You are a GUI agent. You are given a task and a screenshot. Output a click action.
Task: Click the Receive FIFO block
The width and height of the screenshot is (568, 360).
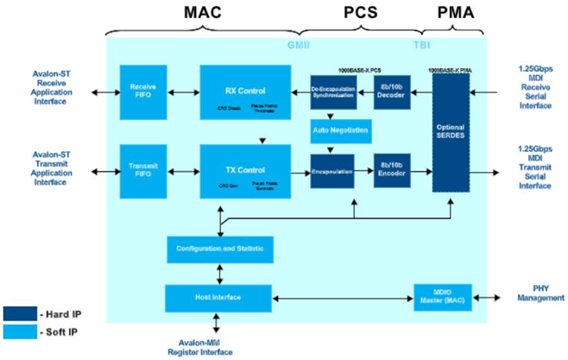pos(142,92)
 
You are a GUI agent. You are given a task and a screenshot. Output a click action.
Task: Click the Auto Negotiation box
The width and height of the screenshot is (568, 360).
pos(340,130)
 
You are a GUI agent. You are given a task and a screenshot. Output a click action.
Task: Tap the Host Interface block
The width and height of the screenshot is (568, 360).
pos(220,298)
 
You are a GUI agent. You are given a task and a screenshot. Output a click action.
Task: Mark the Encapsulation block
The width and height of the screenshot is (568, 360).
pos(332,169)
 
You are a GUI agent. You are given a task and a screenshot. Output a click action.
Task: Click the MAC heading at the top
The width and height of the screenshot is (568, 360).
pos(205,14)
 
